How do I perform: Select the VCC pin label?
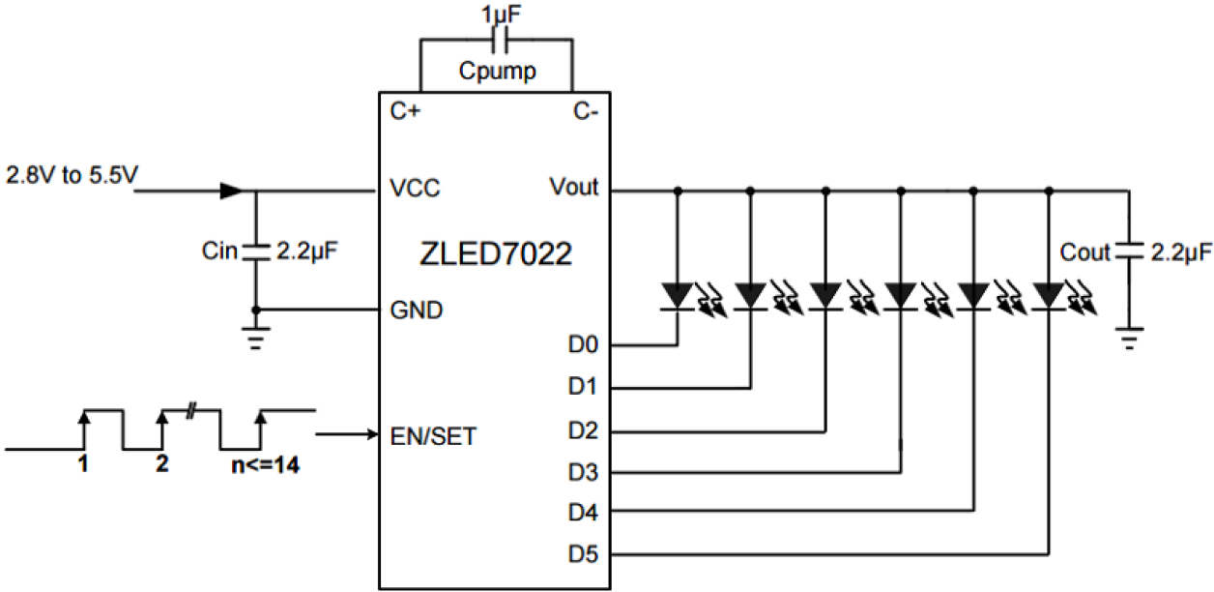416,189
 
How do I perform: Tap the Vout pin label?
573,188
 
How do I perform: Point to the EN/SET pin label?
433,436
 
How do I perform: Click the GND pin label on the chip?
418,311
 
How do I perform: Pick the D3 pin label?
583,473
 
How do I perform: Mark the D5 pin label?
583,555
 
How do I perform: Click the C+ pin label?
404,111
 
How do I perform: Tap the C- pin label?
586,111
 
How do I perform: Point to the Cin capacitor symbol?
256,251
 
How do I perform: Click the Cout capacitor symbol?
1128,252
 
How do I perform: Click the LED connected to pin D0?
677,293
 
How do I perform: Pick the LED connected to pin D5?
1048,293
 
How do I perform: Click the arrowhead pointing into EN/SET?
371,434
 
